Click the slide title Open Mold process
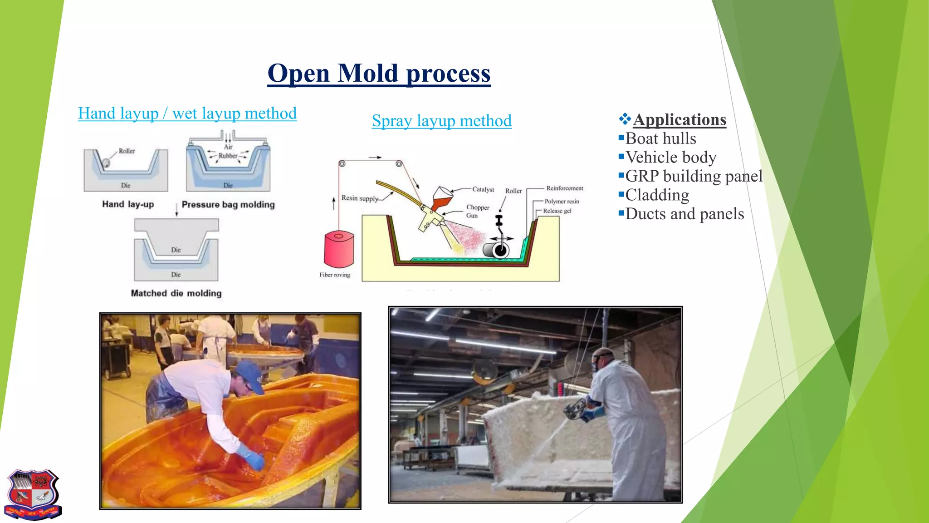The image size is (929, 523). point(379,73)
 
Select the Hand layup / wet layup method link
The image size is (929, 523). point(187,113)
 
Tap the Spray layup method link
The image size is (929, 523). point(441,121)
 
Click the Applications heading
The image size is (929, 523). point(679,119)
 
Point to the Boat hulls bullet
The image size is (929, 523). point(660,138)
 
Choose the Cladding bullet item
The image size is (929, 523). point(657,195)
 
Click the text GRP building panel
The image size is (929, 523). point(694,176)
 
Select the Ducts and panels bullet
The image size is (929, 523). point(684,214)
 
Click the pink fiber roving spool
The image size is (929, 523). point(338,249)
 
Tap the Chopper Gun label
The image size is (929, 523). point(477,211)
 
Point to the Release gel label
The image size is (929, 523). point(557,211)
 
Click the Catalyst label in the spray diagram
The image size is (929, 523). point(483,189)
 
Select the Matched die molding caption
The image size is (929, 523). point(176,293)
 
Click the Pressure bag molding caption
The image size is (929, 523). point(228,205)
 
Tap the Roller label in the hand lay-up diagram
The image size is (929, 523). point(127,151)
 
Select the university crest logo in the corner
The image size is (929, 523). point(33,494)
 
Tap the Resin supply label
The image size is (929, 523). point(359,198)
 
